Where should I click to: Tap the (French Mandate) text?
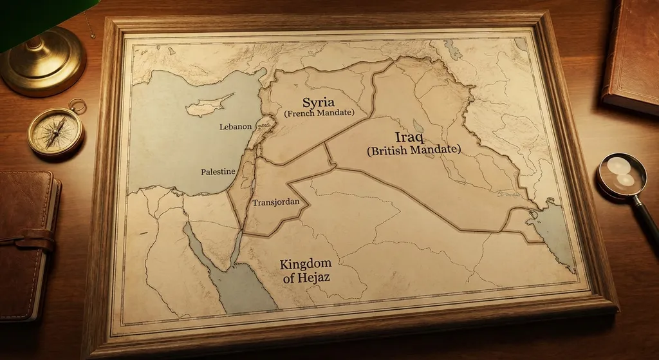(x=319, y=113)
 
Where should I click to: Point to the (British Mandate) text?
(x=414, y=150)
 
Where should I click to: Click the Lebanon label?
(x=235, y=127)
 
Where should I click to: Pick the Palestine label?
(x=218, y=172)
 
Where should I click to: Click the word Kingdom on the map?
(x=306, y=263)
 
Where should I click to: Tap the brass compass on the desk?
(x=56, y=132)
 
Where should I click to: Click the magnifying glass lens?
(x=621, y=174)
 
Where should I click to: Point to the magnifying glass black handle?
(x=647, y=216)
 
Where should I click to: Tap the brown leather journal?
(x=26, y=245)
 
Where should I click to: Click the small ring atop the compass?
(x=77, y=105)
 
